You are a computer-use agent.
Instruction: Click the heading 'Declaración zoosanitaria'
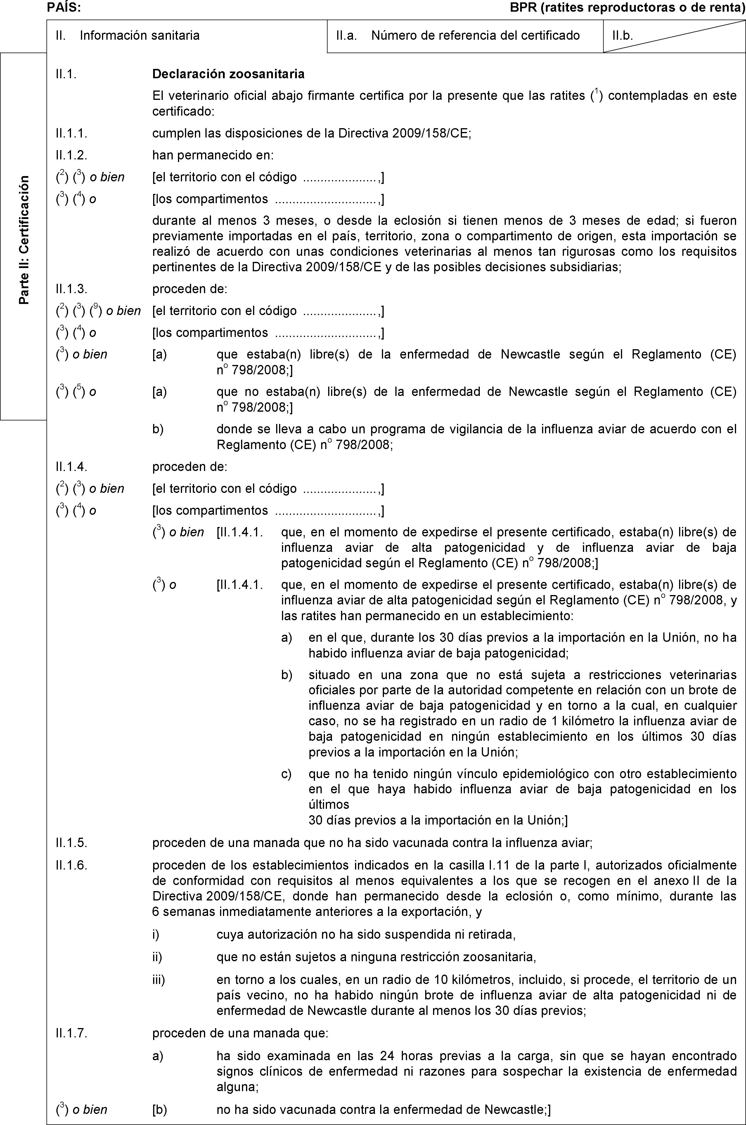point(229,74)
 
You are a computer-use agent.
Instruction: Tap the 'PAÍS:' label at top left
point(64,7)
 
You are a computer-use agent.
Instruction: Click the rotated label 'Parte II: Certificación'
point(23,240)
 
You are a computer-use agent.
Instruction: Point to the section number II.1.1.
point(71,133)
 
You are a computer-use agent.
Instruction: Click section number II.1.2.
point(71,155)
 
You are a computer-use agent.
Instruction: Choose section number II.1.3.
point(71,288)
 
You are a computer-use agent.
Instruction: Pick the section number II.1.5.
point(71,844)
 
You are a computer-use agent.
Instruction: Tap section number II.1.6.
point(71,865)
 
